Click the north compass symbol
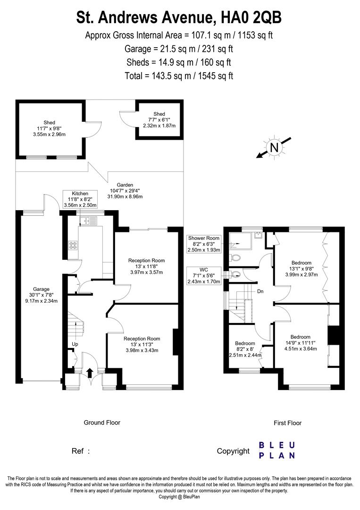click(x=274, y=148)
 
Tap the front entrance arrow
click(x=90, y=372)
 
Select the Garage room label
click(x=41, y=289)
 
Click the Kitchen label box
click(x=80, y=199)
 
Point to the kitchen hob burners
click(x=74, y=245)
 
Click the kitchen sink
click(x=88, y=220)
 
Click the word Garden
click(x=125, y=185)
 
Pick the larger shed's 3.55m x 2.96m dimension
click(x=50, y=134)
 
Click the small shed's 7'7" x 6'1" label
click(x=159, y=120)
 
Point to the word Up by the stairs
click(x=75, y=344)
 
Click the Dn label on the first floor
click(x=260, y=291)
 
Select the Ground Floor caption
click(x=102, y=422)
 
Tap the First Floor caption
click(x=287, y=423)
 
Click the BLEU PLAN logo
click(x=277, y=450)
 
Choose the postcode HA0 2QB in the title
click(x=251, y=17)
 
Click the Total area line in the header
click(x=179, y=76)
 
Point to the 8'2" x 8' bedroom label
click(x=245, y=349)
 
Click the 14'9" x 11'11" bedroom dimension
click(x=301, y=343)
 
